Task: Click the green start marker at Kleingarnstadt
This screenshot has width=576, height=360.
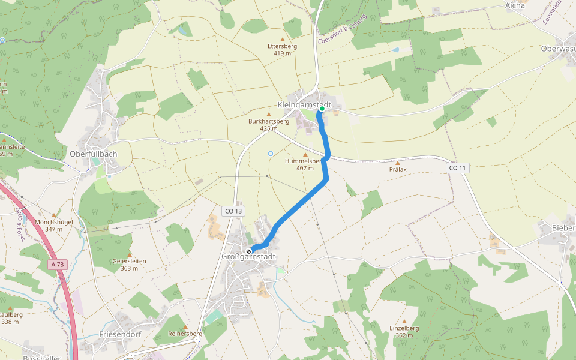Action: coord(322,109)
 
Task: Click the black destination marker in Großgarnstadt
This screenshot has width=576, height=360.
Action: coord(248,251)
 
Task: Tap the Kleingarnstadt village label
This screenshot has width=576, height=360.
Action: coord(304,105)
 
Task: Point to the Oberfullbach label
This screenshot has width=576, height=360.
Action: coord(93,154)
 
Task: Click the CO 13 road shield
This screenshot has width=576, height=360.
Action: coord(234,211)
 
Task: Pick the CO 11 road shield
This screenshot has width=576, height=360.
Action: coord(457,169)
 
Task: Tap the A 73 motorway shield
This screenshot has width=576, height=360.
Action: coord(58,264)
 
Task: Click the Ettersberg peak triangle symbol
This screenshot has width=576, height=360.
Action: coord(283,40)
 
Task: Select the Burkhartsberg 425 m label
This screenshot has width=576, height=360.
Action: coord(269,124)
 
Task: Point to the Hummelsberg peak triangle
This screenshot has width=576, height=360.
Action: coord(305,155)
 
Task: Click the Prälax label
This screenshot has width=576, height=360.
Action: coord(397,169)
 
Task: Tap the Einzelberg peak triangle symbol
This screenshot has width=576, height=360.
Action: coord(404,322)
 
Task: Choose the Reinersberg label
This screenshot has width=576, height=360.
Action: coord(185,333)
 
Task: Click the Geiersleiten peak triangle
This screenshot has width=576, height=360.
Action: coord(129,254)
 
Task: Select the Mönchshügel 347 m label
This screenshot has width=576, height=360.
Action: coord(53,226)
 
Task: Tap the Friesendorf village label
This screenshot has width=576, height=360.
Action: coord(120,334)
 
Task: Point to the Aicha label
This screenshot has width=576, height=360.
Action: coord(515,5)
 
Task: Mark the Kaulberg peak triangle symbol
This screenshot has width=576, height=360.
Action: coord(11,308)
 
